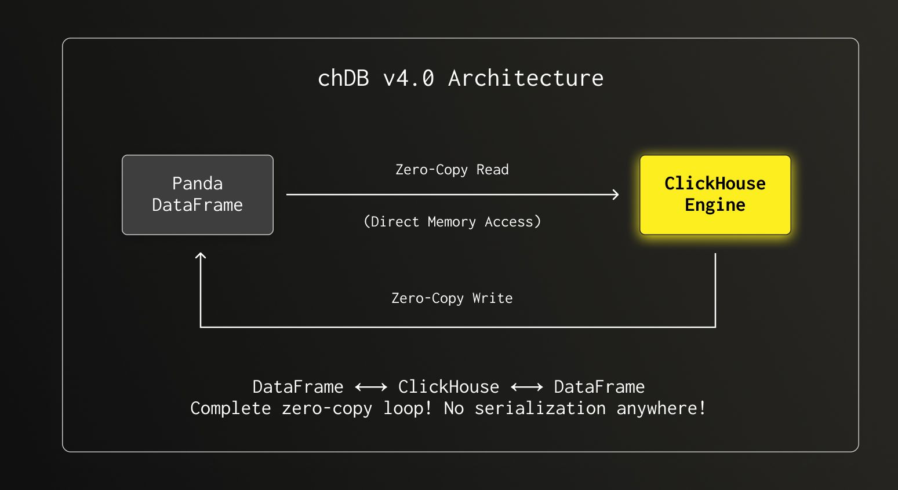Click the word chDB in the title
(x=343, y=78)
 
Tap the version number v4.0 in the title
(x=409, y=78)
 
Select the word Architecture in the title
(x=526, y=78)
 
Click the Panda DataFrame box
(x=197, y=195)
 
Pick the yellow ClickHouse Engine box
(x=715, y=195)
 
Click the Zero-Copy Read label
(x=452, y=170)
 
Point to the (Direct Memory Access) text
(x=452, y=222)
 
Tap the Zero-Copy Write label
(x=452, y=298)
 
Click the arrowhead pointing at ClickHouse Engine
(x=616, y=195)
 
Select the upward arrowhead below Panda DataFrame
(x=201, y=256)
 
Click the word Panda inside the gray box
(x=197, y=184)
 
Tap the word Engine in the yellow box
(x=715, y=205)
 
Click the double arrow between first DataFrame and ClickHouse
(x=371, y=387)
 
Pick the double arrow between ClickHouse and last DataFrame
(x=526, y=387)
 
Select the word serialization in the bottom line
(x=540, y=408)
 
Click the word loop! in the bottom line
(x=408, y=408)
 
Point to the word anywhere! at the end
(x=661, y=408)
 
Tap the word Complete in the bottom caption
(x=231, y=408)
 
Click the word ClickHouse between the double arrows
(x=449, y=387)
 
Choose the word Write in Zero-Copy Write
(x=492, y=298)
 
